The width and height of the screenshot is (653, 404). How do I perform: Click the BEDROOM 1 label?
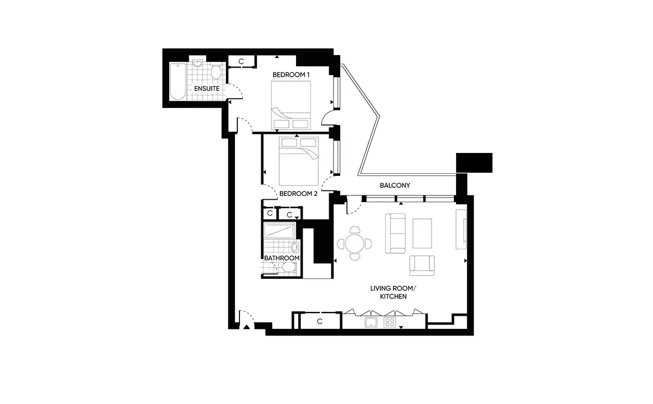(x=291, y=75)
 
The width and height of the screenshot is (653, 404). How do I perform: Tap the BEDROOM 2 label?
(x=298, y=194)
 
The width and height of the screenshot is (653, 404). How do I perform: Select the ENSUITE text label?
(x=207, y=88)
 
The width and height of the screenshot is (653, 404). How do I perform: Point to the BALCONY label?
(x=395, y=185)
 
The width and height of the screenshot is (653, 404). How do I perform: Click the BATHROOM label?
(x=282, y=258)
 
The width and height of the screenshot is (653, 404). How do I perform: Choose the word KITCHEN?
(x=393, y=296)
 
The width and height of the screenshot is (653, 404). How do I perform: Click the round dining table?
(x=355, y=243)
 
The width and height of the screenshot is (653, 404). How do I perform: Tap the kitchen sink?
(x=371, y=323)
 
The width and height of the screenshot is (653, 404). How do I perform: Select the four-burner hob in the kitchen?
(x=390, y=323)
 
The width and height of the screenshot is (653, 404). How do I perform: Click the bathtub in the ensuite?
(x=177, y=81)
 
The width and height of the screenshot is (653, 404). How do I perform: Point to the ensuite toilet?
(x=216, y=71)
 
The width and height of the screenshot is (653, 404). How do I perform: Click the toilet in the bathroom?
(x=288, y=267)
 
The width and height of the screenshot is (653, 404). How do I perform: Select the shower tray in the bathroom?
(x=280, y=231)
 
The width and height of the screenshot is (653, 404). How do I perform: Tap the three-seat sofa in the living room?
(x=395, y=234)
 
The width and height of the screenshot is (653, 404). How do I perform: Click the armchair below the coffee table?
(x=422, y=266)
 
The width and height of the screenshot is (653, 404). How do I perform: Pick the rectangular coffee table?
(x=422, y=234)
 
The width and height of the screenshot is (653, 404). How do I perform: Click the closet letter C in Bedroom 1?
(x=241, y=62)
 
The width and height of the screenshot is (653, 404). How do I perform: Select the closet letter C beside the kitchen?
(x=320, y=321)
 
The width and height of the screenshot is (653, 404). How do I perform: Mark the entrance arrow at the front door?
(x=247, y=327)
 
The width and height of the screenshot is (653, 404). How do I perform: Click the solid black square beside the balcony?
(x=475, y=163)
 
